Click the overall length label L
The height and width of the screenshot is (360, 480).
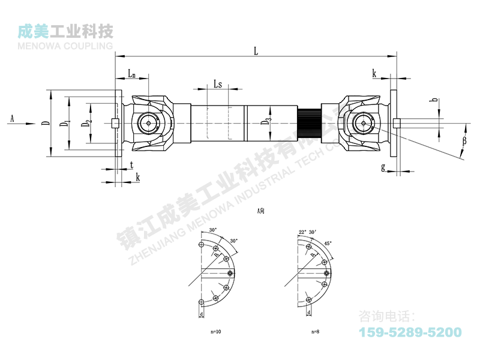256,52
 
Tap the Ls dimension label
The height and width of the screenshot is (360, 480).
218,85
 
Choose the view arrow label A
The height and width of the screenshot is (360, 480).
11,118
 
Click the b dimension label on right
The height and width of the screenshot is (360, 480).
433,102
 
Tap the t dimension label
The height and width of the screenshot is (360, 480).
131,164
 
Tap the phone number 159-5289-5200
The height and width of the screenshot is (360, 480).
410,332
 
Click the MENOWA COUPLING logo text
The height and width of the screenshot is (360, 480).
66,46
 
